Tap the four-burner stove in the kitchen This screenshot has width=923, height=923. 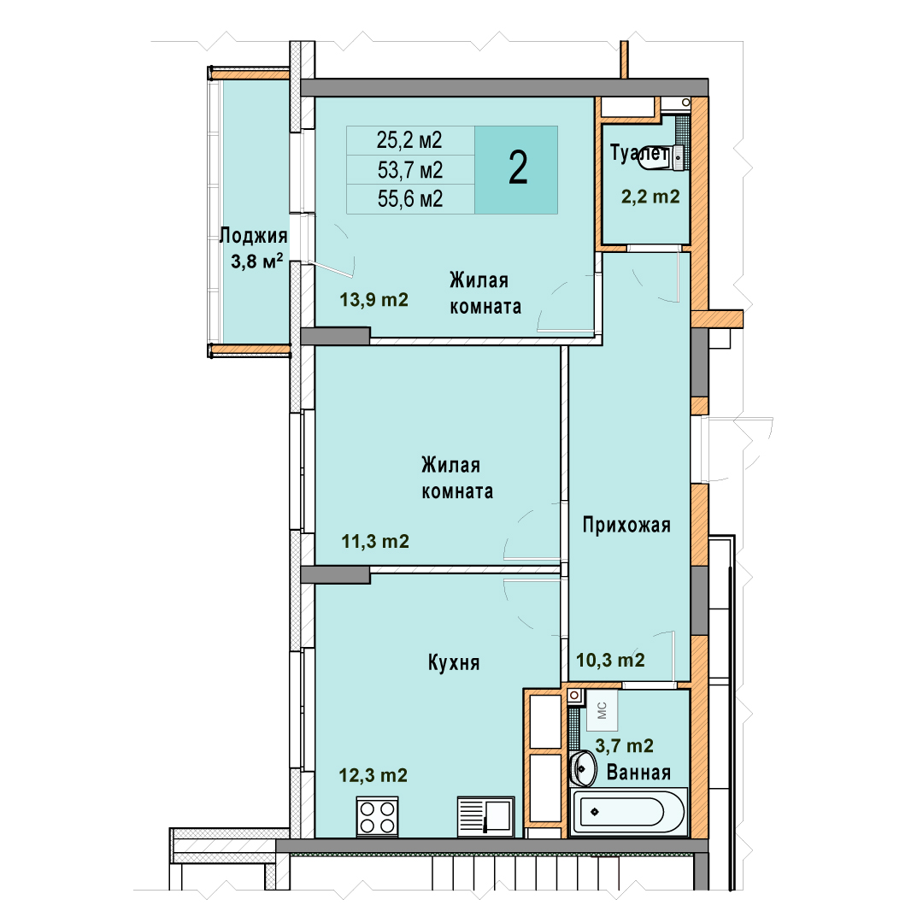(378, 816)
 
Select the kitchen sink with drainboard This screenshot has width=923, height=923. (485, 816)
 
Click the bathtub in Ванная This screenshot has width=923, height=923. (629, 812)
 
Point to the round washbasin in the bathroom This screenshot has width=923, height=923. (584, 768)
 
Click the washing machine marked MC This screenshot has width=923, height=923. (602, 710)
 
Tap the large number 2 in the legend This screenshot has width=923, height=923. (517, 168)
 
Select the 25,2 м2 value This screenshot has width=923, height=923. (409, 140)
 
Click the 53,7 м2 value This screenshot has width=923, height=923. (409, 170)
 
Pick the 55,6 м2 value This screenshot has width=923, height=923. (409, 199)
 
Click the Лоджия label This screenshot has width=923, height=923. (254, 236)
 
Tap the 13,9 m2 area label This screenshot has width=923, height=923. (373, 300)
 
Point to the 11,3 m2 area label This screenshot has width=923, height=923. (375, 541)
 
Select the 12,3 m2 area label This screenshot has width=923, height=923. (373, 775)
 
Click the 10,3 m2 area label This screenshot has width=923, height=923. (610, 660)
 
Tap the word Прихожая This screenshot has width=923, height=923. (626, 525)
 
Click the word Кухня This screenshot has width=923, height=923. (454, 663)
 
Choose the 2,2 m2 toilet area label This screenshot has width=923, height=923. (650, 196)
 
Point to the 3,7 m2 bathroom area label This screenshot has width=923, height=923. (624, 746)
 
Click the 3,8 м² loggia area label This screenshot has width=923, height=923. (256, 261)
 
